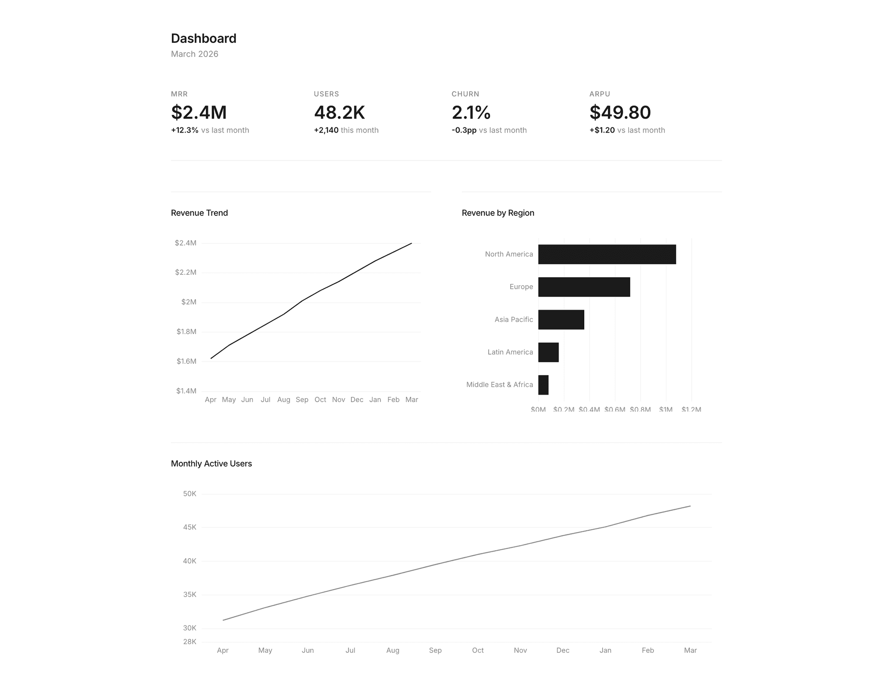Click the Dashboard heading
point(203,38)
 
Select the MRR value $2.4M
point(199,113)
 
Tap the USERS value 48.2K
point(339,113)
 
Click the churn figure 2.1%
point(471,113)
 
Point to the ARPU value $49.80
point(620,113)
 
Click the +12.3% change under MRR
point(184,130)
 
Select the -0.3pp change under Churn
point(464,130)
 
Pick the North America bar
point(607,254)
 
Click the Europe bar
point(584,287)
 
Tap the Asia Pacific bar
point(561,320)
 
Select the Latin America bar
point(548,352)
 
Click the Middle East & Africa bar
point(543,385)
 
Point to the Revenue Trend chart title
point(199,213)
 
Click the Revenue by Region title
point(498,213)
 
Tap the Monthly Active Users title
point(211,464)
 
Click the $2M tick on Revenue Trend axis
point(189,302)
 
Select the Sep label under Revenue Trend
point(302,399)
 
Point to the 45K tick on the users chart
point(190,527)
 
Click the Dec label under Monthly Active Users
point(562,650)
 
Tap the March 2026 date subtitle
point(194,54)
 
